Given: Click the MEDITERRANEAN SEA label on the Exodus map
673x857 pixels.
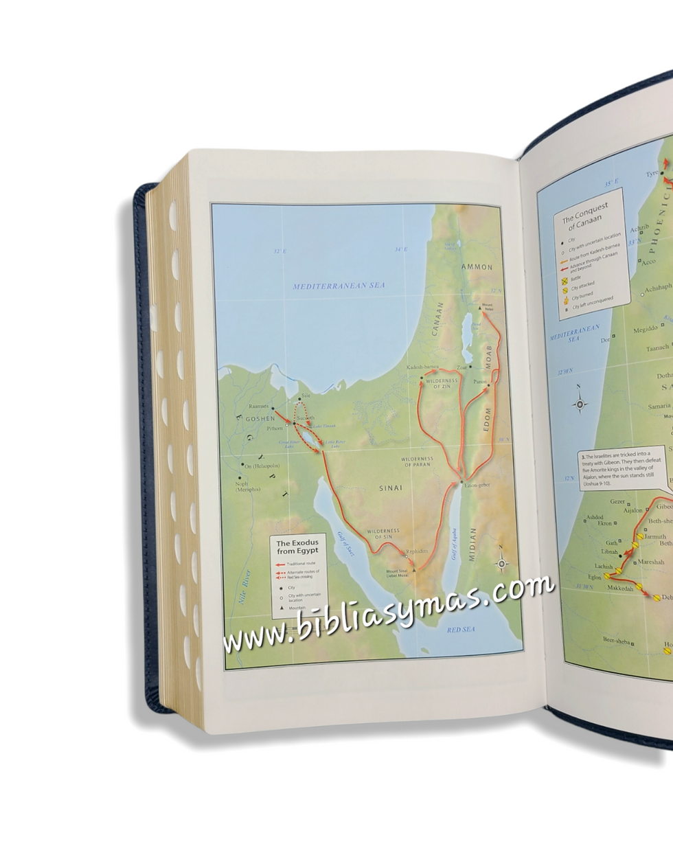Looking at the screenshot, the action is pos(339,286).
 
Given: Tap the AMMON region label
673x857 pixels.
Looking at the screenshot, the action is pos(477,266).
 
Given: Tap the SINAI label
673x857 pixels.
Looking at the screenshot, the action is pos(391,488).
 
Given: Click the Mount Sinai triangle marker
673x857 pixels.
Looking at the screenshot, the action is pos(414,569).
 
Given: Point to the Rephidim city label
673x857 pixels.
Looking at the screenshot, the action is pos(417,551).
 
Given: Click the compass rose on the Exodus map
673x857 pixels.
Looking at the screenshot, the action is pos(502,564).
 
